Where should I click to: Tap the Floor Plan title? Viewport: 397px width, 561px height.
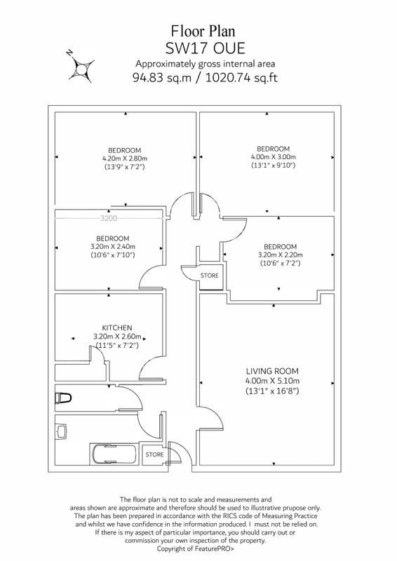(x=203, y=31)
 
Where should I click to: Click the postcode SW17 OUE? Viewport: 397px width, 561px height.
(x=205, y=48)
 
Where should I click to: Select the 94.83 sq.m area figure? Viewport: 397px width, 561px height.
(x=162, y=77)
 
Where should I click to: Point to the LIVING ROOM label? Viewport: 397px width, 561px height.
(x=272, y=371)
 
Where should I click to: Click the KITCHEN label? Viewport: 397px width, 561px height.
(x=117, y=327)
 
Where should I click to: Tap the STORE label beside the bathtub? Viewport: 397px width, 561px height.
(x=154, y=454)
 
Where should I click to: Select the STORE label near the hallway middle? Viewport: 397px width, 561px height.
(x=209, y=276)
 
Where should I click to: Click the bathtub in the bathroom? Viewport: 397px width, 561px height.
(x=113, y=453)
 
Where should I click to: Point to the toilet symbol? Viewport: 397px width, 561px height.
(x=63, y=398)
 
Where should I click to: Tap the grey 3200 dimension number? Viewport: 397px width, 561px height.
(x=109, y=218)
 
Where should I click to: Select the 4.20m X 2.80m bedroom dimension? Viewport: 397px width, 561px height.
(x=125, y=158)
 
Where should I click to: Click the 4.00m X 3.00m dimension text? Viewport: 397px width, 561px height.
(x=273, y=156)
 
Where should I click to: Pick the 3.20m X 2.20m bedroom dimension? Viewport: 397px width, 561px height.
(x=281, y=255)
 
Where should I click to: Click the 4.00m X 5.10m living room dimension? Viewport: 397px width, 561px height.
(x=272, y=381)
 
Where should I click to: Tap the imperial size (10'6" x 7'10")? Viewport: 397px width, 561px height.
(x=112, y=255)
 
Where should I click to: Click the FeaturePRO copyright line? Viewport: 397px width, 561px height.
(x=196, y=548)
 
